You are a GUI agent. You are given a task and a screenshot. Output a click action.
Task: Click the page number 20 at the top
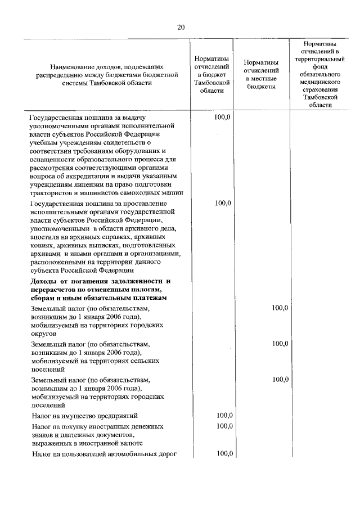180,27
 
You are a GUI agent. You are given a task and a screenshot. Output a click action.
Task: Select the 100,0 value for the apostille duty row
223,203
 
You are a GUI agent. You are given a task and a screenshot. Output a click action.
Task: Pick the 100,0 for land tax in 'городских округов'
280,308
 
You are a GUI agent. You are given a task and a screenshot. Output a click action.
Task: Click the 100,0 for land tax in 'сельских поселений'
280,344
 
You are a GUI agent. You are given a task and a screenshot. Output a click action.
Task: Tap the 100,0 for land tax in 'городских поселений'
280,380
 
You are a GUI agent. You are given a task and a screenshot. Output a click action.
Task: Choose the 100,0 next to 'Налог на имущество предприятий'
224,416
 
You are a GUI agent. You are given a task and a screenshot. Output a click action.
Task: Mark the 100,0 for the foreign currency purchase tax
224,426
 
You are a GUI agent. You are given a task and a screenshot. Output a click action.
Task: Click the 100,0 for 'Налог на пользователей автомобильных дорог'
224,454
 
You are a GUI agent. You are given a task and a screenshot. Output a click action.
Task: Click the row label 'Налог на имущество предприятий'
85,416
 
